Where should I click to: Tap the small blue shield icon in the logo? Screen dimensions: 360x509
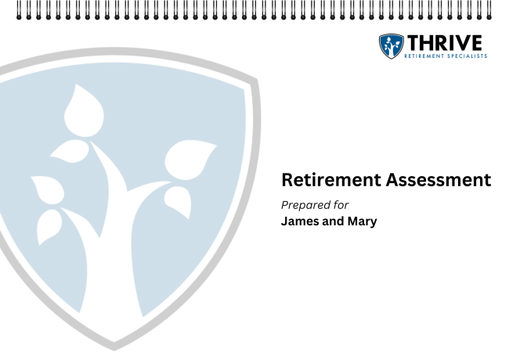tap(391, 46)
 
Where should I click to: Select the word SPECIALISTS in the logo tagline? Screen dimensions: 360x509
tap(468, 56)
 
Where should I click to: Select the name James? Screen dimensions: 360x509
tap(301, 221)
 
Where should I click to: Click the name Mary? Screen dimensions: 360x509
tap(361, 221)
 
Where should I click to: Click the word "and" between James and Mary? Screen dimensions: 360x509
tap(332, 221)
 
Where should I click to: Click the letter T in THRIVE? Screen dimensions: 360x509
tap(413, 43)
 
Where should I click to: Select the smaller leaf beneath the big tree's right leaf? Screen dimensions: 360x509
tap(179, 202)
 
